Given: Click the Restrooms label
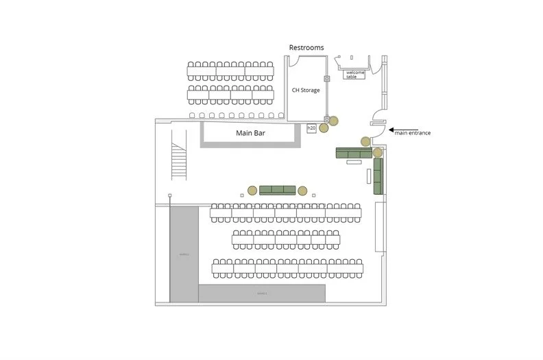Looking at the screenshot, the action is point(306,47).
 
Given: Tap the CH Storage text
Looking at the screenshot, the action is point(306,90).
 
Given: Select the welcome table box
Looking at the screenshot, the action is point(355,74).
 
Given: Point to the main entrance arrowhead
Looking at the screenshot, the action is point(391,129).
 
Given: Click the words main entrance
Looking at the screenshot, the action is point(413,133).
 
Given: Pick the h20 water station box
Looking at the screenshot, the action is point(311,128).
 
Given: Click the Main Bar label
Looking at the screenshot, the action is point(250,133).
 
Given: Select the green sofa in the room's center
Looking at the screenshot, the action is point(277,190).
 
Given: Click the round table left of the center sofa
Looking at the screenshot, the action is point(252,190).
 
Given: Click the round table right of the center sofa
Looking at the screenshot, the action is point(302,190).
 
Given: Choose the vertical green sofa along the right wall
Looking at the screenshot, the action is point(378,176).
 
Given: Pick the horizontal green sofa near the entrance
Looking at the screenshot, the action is point(352,153).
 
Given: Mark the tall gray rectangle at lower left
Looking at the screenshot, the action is point(184,254).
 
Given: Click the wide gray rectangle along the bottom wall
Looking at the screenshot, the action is point(262,293).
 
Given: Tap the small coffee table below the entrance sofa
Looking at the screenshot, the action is point(369,176).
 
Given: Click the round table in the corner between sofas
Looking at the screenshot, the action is point(377,152).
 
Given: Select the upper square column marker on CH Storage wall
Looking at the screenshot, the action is point(328,78).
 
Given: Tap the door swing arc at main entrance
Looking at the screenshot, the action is point(376,117).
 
